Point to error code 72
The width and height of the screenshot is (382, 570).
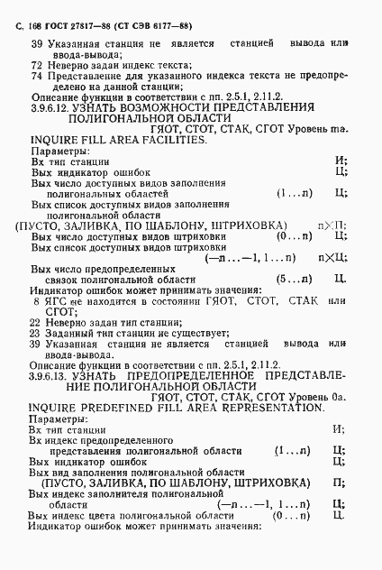click(x=37, y=66)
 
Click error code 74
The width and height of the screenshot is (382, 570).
click(x=37, y=77)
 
